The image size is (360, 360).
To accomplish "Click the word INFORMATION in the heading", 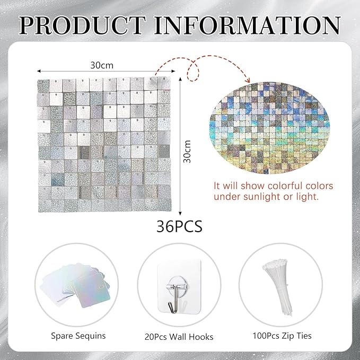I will tap(249, 25).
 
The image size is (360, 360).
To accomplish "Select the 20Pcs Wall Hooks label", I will tap(179, 336).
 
